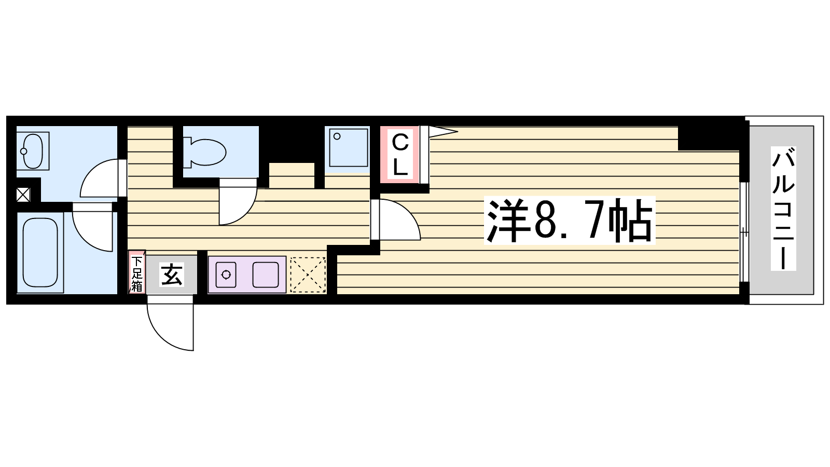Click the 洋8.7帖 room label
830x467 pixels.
[x=570, y=221]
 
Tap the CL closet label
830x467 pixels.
[x=400, y=155]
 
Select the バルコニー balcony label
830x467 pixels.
[x=783, y=208]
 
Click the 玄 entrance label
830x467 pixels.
[x=172, y=274]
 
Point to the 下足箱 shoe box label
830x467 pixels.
[x=137, y=273]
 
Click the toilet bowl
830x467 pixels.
[x=204, y=153]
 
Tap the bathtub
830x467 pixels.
[x=40, y=252]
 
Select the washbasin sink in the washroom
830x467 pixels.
[x=33, y=151]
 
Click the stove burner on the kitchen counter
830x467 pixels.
[x=226, y=274]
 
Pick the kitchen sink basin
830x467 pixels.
[x=266, y=274]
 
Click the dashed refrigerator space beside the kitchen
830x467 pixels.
[x=308, y=274]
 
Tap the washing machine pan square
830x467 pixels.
[x=348, y=148]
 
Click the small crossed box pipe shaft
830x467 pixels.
[x=23, y=195]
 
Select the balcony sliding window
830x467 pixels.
[x=744, y=232]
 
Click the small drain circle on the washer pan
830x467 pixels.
[x=337, y=136]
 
